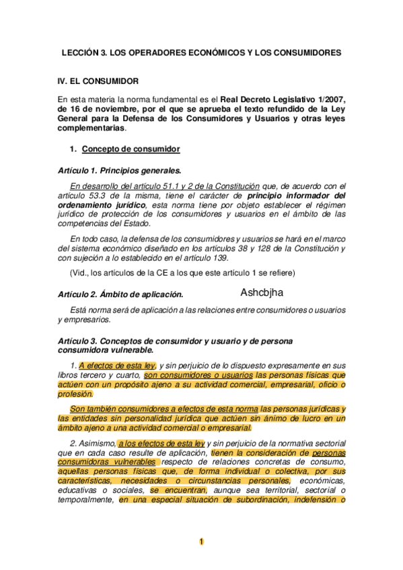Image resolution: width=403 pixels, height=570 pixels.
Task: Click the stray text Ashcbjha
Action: (x=262, y=292)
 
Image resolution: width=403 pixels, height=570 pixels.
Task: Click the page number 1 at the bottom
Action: (x=202, y=542)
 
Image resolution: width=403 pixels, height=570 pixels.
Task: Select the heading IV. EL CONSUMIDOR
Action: (x=98, y=81)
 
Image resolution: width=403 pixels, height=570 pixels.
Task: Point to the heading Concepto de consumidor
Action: (x=130, y=149)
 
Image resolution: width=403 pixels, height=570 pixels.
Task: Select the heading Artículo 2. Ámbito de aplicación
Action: (x=120, y=294)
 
